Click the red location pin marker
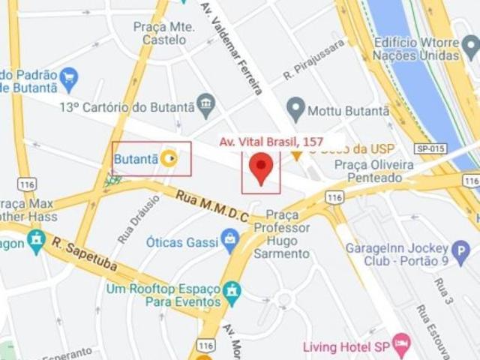click(260, 168)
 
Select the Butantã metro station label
click(136, 159)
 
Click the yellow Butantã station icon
click(170, 158)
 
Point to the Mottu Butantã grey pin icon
click(296, 110)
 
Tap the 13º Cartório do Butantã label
click(127, 106)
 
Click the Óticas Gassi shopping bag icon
click(230, 241)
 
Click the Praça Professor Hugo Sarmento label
click(281, 234)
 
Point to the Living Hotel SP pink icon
click(402, 346)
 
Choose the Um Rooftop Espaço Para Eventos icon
click(233, 290)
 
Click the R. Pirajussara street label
click(314, 59)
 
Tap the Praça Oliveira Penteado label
click(373, 171)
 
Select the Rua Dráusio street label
click(128, 219)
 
